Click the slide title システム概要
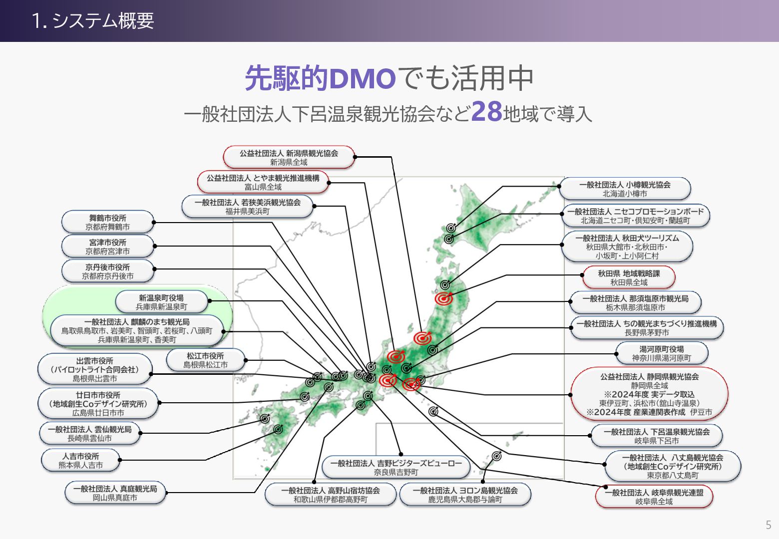coord(93,21)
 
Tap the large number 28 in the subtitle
coord(486,112)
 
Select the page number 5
coord(769,525)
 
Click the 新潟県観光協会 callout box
coord(289,158)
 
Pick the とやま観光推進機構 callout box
coord(263,182)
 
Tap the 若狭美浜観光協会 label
coord(248,207)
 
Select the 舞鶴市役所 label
coord(107,222)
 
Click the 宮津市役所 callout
coord(107,247)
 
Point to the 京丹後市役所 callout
coord(107,271)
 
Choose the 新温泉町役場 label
coord(161,302)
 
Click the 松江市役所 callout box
coord(205,360)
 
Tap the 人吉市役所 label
coord(80,461)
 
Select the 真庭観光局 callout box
coord(115,493)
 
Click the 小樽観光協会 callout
coord(625,189)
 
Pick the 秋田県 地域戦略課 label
coord(629,277)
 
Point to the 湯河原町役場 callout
coord(662,353)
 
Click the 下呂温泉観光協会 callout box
coord(657,436)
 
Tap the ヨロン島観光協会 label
coord(465,495)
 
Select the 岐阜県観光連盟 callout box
coord(654,497)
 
